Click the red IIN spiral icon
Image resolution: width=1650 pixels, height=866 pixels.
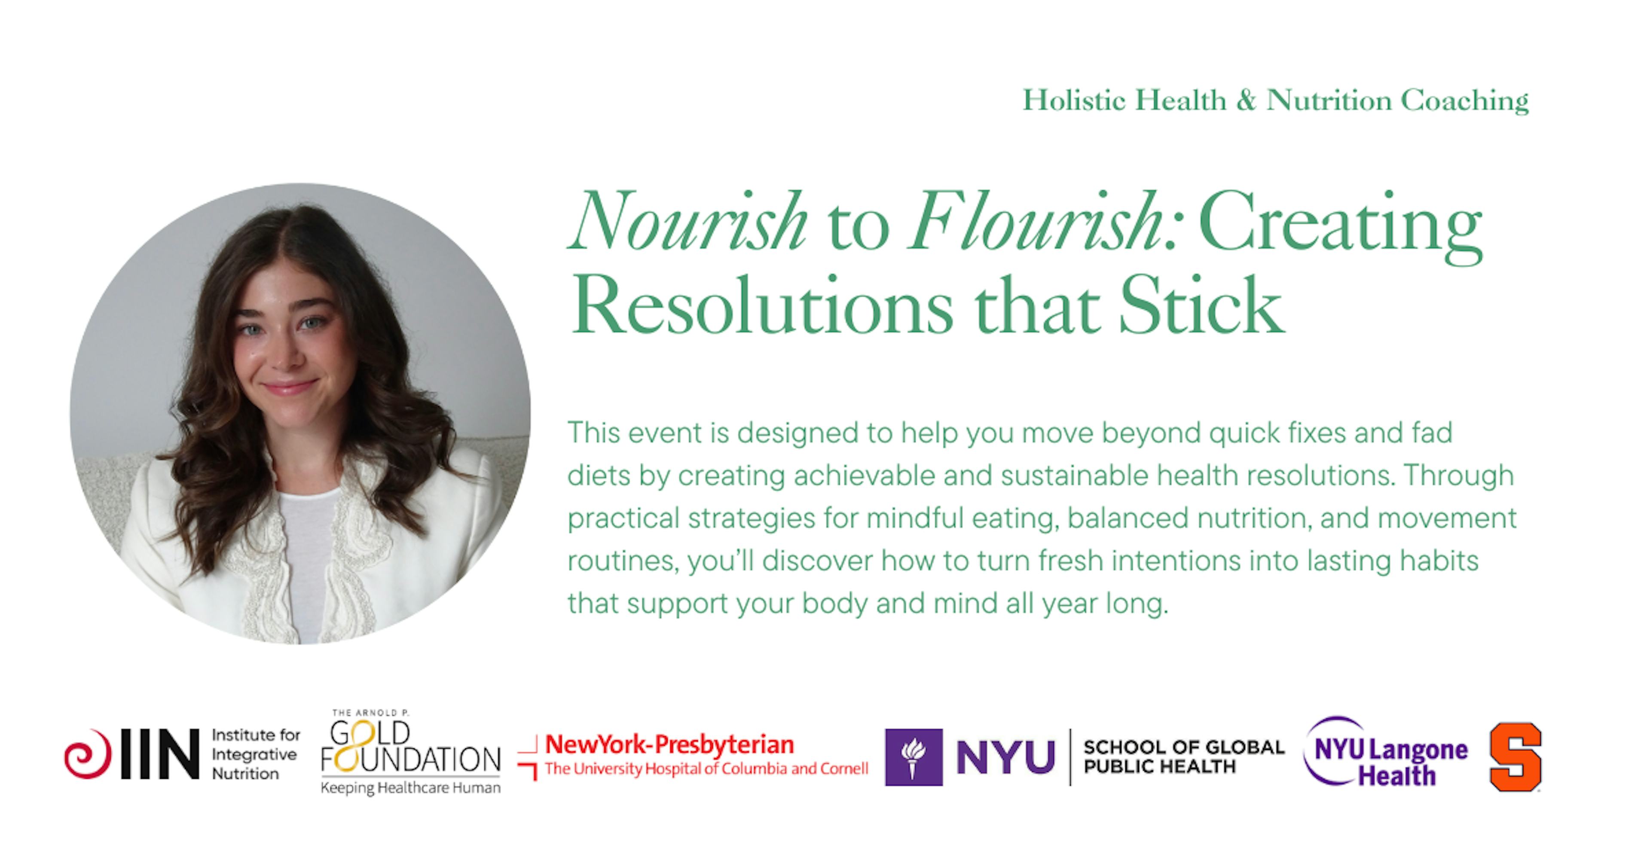pyautogui.click(x=87, y=754)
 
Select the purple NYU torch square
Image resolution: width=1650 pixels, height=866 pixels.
pyautogui.click(x=914, y=757)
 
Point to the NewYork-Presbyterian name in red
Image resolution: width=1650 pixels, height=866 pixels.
pyautogui.click(x=669, y=744)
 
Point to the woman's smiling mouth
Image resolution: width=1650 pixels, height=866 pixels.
pyautogui.click(x=290, y=387)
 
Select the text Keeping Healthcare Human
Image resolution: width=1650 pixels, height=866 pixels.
pyautogui.click(x=411, y=788)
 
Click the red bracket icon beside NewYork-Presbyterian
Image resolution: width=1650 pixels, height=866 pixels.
pyautogui.click(x=527, y=758)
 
